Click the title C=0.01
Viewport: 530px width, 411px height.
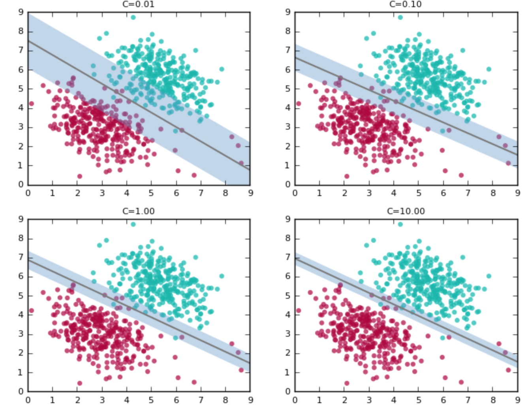click(x=138, y=4)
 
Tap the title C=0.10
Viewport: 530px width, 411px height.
click(x=406, y=4)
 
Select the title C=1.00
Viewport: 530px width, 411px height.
click(x=138, y=211)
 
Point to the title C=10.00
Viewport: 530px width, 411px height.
click(x=406, y=211)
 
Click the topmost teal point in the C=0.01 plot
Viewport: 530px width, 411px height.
click(x=133, y=17)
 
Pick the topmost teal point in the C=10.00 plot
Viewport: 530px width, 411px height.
click(x=400, y=224)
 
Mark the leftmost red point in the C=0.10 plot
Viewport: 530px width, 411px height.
click(x=299, y=104)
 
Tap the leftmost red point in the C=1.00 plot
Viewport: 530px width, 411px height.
click(x=32, y=311)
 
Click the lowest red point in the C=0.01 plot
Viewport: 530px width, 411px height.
click(x=80, y=176)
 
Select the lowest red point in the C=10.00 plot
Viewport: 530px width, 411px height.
click(x=347, y=383)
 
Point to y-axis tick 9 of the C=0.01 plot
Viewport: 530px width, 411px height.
click(x=21, y=13)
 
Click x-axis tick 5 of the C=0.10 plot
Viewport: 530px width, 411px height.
click(x=419, y=193)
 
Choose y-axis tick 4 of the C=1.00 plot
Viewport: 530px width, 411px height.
click(x=21, y=315)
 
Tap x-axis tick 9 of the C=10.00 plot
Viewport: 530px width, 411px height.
click(x=517, y=400)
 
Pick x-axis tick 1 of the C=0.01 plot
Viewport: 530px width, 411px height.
click(x=53, y=193)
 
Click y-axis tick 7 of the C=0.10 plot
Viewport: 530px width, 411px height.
click(x=288, y=51)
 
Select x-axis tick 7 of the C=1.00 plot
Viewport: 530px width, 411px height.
click(x=201, y=400)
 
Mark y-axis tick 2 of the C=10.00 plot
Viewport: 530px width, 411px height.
click(x=288, y=353)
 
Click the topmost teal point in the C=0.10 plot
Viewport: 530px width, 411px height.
click(x=400, y=17)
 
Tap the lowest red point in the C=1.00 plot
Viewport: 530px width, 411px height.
click(x=80, y=383)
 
